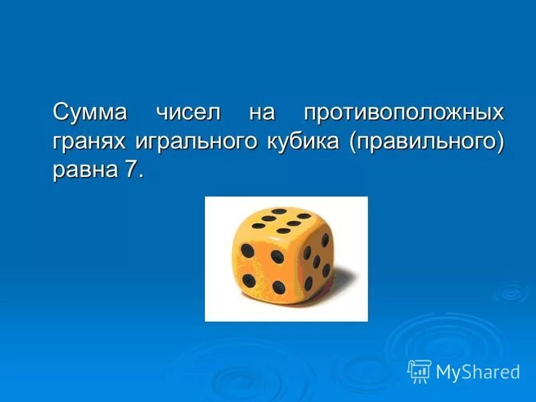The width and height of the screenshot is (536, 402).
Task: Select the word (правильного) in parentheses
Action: tap(425, 141)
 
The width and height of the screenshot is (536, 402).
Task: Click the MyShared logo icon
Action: tap(419, 371)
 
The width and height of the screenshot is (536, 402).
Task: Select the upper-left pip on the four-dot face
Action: tap(247, 251)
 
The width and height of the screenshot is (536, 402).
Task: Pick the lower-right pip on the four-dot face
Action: tap(279, 288)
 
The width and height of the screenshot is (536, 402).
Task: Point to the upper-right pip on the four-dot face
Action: tap(277, 256)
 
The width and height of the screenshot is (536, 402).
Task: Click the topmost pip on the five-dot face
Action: tap(325, 239)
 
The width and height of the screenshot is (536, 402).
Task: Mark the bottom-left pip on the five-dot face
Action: tap(308, 283)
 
